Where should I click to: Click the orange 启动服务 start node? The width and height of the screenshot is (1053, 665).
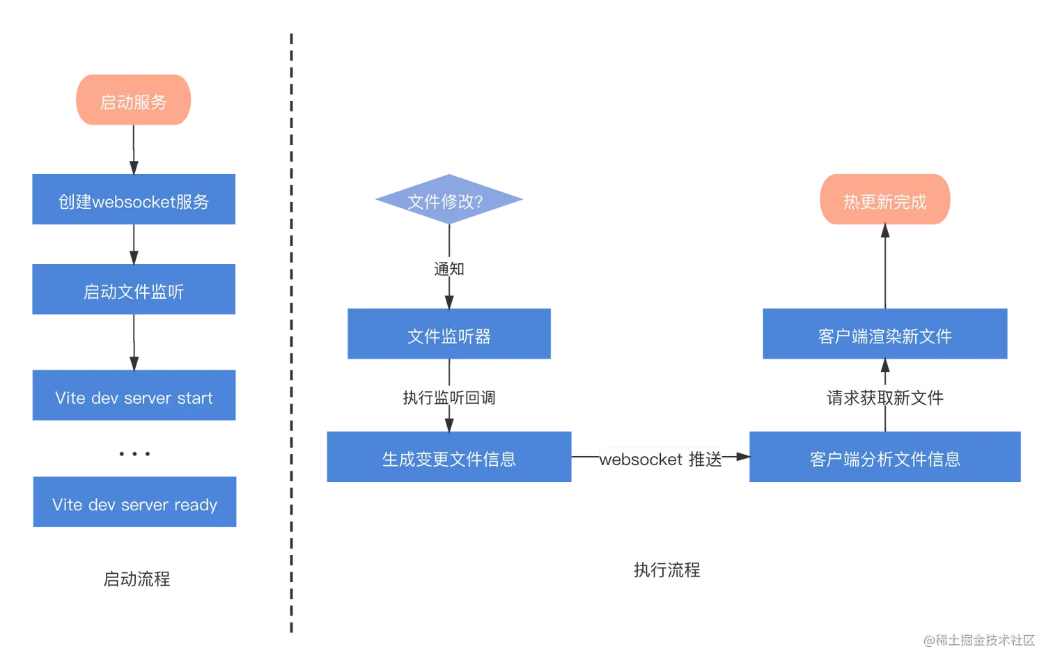tap(133, 101)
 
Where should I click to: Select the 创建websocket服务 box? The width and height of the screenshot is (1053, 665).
tap(133, 201)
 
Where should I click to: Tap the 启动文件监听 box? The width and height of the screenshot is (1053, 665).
tap(133, 290)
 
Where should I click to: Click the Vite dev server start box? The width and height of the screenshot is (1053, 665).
tap(133, 397)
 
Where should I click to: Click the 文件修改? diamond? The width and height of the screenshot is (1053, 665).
tap(448, 201)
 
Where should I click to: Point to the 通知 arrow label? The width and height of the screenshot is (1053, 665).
tap(448, 268)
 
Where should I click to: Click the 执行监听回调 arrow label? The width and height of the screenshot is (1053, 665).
tap(448, 397)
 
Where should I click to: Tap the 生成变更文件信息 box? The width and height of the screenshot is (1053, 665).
tap(448, 457)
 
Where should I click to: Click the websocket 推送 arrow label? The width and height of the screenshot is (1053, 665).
tap(660, 459)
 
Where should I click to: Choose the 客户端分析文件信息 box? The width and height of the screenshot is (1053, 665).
tap(884, 457)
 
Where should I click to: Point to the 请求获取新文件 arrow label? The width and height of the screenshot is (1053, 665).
tap(884, 397)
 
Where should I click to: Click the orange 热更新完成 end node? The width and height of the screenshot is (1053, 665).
tap(884, 201)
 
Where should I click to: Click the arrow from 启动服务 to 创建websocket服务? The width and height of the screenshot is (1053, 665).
tap(133, 148)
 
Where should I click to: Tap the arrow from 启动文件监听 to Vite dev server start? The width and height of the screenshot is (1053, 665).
tap(133, 342)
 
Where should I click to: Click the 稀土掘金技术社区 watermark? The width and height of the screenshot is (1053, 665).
tap(978, 639)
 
